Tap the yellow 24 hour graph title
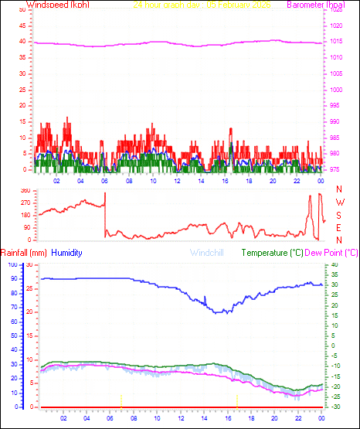(202, 5)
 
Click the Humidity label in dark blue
(68, 253)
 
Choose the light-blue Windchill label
(208, 253)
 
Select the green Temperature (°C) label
(273, 253)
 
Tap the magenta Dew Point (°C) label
(332, 253)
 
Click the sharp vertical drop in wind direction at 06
(105, 213)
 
